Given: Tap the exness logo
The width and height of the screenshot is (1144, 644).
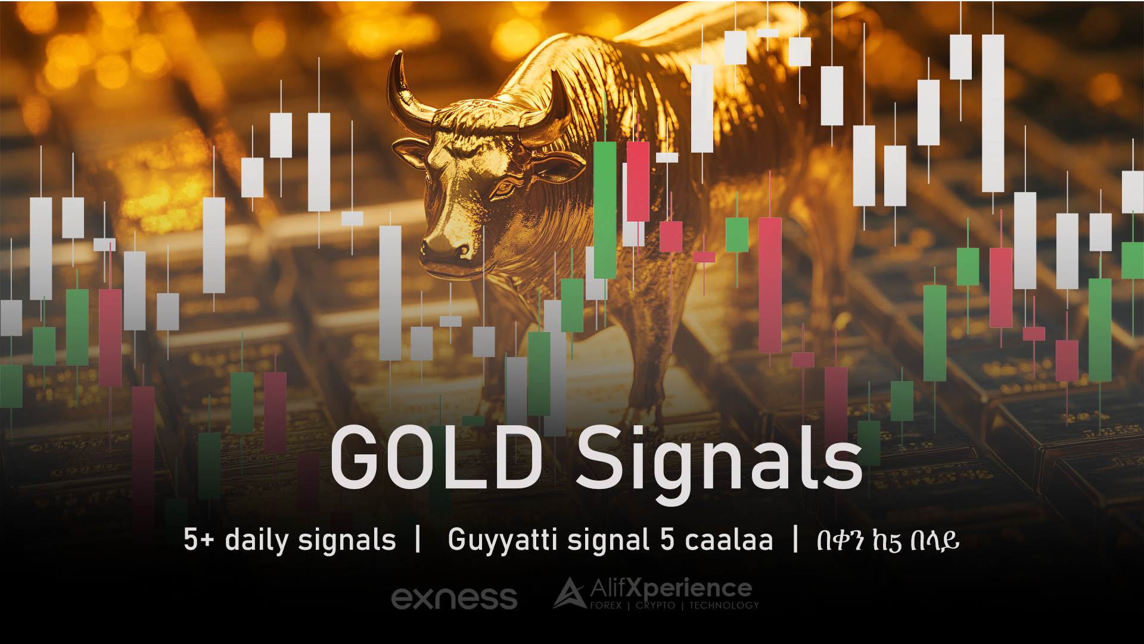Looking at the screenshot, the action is (454, 598).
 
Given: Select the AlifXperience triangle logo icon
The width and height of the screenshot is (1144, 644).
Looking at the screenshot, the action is (570, 593).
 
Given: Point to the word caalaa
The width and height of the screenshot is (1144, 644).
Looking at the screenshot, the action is (729, 540).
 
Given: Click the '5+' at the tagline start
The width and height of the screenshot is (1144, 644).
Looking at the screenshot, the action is (198, 540).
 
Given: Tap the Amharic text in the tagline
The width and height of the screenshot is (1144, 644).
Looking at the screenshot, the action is (888, 541).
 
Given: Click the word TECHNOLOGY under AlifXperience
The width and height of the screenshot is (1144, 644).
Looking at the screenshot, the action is (724, 605).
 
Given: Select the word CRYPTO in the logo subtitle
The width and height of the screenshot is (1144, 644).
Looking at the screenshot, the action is (655, 605).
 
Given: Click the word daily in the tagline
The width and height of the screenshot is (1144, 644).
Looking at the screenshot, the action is (256, 541).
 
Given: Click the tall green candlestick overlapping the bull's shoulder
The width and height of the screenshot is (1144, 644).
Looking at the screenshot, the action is (605, 210).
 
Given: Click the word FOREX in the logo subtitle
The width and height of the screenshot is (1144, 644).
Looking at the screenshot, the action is (606, 605).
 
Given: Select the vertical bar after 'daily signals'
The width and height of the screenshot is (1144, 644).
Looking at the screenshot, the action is (418, 539).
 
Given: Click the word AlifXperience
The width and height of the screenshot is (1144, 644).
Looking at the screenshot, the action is (671, 589).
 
